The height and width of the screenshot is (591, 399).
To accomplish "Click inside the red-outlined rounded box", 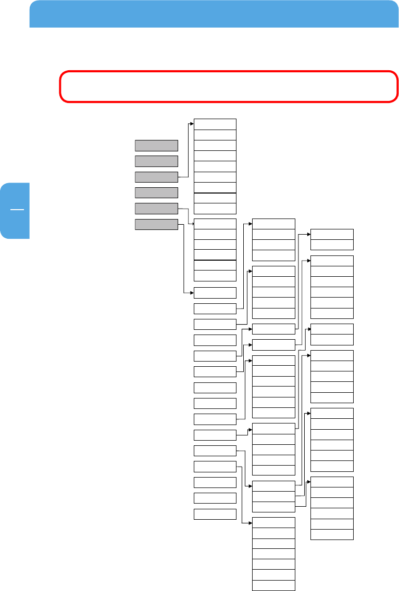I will point(228,86).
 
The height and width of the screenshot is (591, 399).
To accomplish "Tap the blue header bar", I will point(210,14).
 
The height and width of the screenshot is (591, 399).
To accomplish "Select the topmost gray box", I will point(156,145).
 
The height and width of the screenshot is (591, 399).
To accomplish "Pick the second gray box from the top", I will point(156,161).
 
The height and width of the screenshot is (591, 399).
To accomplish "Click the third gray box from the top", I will point(156,177).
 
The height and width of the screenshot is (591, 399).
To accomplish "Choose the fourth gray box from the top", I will point(156,192).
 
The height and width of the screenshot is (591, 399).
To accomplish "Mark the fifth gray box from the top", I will point(156,209).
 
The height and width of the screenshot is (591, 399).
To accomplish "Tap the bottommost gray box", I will point(156,224).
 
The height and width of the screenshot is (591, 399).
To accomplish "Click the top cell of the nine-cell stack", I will point(215,124).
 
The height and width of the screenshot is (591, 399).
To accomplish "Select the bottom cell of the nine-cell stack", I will point(215,209).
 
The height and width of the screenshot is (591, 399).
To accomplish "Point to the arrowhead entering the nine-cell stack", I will point(192,124).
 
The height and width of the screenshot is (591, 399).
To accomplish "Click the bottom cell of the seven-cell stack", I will point(274,585).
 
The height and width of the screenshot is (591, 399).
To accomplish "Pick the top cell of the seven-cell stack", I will point(274,522).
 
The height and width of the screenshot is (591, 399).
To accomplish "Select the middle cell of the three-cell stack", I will point(274,496).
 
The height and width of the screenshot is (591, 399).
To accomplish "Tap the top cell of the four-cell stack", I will point(274,224).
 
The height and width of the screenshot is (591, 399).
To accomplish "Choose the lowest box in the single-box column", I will point(215,514).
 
